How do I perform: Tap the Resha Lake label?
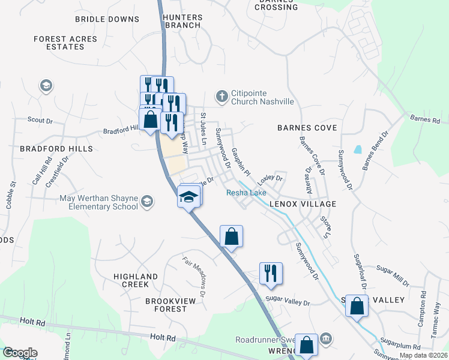point(246,193)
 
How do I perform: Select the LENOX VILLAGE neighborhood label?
point(303,204)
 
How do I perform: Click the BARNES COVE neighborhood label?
point(307,128)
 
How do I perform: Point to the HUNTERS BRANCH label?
point(181,22)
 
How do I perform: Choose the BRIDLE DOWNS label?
point(107,19)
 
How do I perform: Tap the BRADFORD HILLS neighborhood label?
point(48,148)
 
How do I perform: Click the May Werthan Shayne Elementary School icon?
point(146,202)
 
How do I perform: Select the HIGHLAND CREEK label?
point(136,280)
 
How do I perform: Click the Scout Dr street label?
point(40,120)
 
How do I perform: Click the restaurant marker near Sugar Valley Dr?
point(271,273)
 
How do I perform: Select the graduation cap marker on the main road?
point(188,196)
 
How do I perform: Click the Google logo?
point(20,353)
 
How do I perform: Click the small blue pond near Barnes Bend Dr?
point(358,149)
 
